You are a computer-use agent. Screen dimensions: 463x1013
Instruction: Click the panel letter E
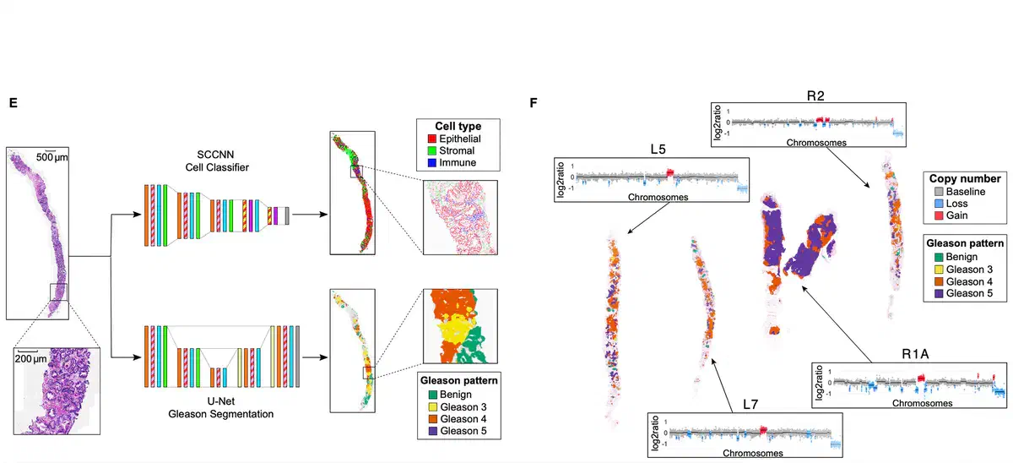pos(13,102)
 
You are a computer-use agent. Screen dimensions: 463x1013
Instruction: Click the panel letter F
pos(534,102)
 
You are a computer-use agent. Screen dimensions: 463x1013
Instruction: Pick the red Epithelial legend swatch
pos(432,138)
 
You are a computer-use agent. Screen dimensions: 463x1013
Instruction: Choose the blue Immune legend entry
pos(461,161)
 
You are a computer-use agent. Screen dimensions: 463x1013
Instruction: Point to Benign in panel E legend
pos(458,394)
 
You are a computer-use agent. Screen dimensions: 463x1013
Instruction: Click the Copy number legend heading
pos(965,179)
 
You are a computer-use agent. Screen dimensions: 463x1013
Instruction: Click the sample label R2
pos(815,95)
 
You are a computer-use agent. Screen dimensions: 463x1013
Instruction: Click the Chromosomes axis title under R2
pos(815,143)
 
